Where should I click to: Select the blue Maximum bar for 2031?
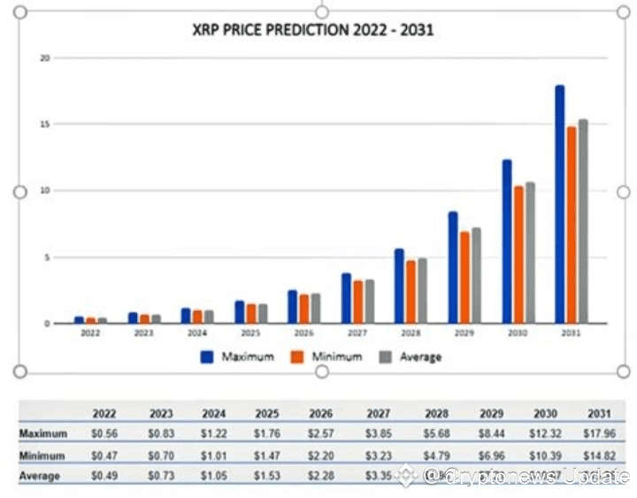click(559, 204)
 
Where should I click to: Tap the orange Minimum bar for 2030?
click(518, 254)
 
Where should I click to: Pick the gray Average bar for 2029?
click(476, 276)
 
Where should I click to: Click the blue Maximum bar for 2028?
click(399, 286)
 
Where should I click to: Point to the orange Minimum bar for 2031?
click(571, 225)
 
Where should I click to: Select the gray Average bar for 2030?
click(530, 253)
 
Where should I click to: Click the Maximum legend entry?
click(237, 356)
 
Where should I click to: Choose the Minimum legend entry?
click(326, 356)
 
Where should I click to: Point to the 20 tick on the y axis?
click(45, 58)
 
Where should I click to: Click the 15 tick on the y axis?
click(45, 124)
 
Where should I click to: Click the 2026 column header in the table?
click(320, 413)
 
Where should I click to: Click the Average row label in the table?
click(41, 477)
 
